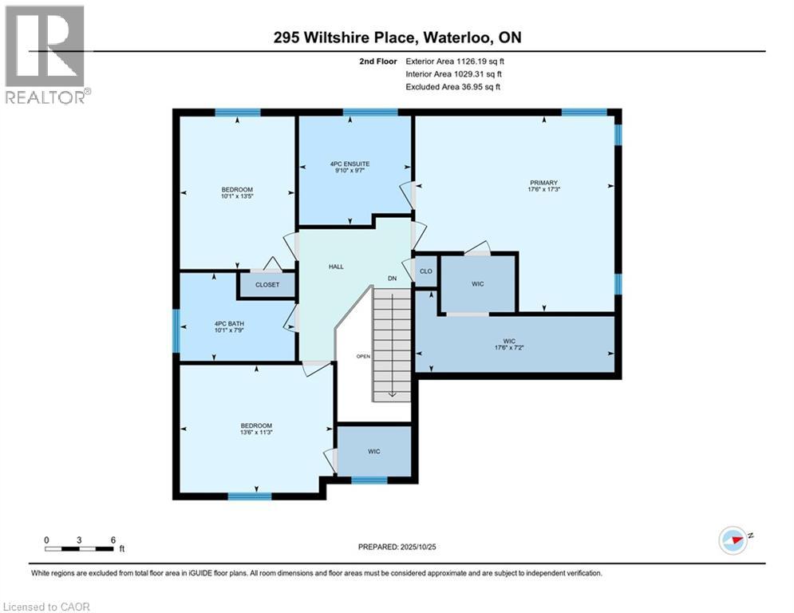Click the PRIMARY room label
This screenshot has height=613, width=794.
point(542,182)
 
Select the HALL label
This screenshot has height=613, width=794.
point(336,267)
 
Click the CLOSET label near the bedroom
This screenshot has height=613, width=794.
point(267,284)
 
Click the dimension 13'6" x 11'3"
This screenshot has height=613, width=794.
point(256,433)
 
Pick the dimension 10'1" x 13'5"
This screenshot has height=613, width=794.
point(237,196)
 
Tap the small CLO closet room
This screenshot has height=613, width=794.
point(426,271)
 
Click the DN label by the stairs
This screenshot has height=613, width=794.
point(393,278)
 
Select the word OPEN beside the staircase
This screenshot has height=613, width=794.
point(363,356)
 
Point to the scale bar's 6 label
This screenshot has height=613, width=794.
point(113,540)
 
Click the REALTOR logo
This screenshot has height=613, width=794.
point(45,54)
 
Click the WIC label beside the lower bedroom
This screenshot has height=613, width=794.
point(373,452)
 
